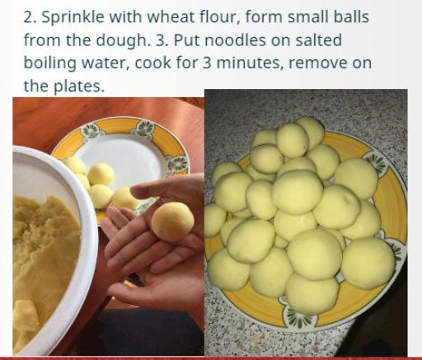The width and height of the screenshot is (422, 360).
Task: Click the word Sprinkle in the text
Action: coord(73,17)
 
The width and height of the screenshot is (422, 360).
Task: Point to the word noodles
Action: coord(235,40)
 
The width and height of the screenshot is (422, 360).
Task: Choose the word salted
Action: coord(319,40)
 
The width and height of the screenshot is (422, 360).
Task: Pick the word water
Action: coord(105,63)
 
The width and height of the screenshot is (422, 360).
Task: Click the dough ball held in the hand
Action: coord(172,222)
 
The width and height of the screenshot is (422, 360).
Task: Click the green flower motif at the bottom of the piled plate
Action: coord(298,318)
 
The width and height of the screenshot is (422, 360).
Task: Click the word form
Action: coord(263,17)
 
